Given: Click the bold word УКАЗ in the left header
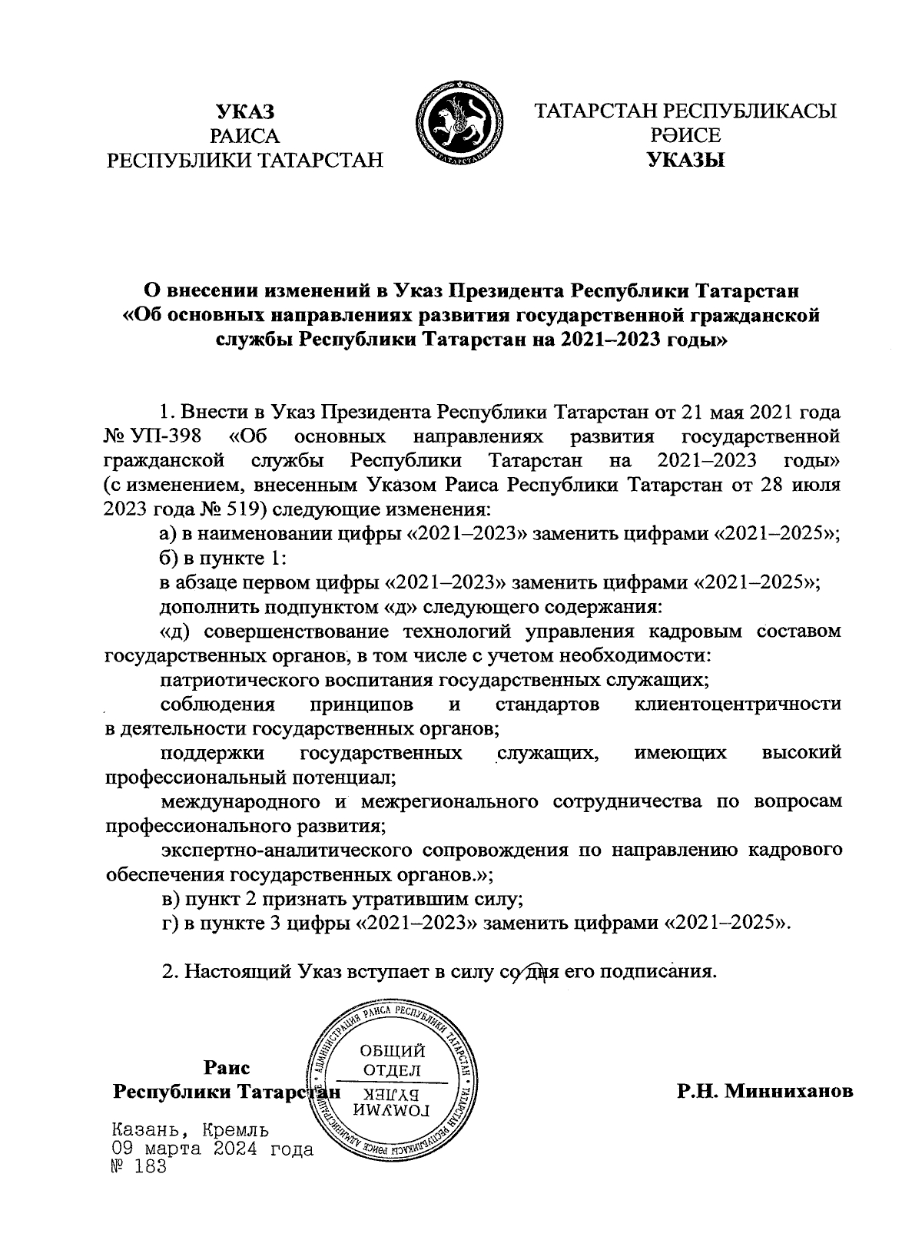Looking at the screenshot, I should click(x=244, y=112).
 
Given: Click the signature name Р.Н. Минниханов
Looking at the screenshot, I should click(x=764, y=1091).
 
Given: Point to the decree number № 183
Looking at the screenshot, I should click(x=138, y=1167).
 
